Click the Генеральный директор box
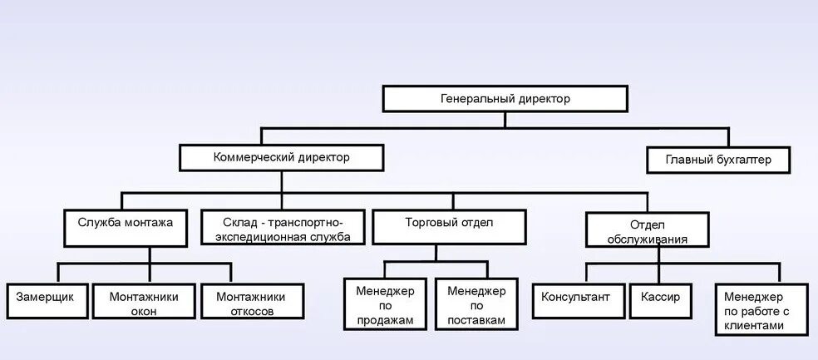[505, 99]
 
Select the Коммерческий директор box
[282, 157]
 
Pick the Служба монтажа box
[125, 224]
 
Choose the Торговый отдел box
[449, 224]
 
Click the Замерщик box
[46, 297]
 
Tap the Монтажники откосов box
[250, 303]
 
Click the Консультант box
[576, 297]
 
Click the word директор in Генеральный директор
[541, 99]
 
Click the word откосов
[250, 312]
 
